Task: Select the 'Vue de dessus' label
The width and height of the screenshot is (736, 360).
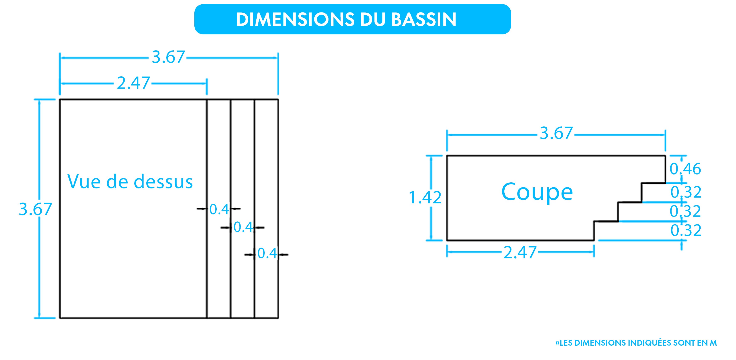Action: coord(130,182)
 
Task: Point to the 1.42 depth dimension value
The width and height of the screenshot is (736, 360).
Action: coord(425,198)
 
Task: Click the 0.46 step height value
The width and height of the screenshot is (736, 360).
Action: coord(685,169)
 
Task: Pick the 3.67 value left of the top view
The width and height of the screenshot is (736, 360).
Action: coord(35,209)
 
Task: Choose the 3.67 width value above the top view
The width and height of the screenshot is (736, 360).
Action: coord(168,57)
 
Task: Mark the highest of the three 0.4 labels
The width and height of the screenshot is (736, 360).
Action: coord(219,209)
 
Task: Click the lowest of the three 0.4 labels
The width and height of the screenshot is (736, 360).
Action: coord(267,254)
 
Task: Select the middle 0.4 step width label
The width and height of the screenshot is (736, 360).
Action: coord(243,228)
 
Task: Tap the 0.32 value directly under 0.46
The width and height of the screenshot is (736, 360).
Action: coord(686,192)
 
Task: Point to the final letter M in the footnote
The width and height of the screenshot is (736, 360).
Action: coord(713,343)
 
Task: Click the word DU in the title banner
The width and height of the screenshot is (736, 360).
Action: coord(371,19)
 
